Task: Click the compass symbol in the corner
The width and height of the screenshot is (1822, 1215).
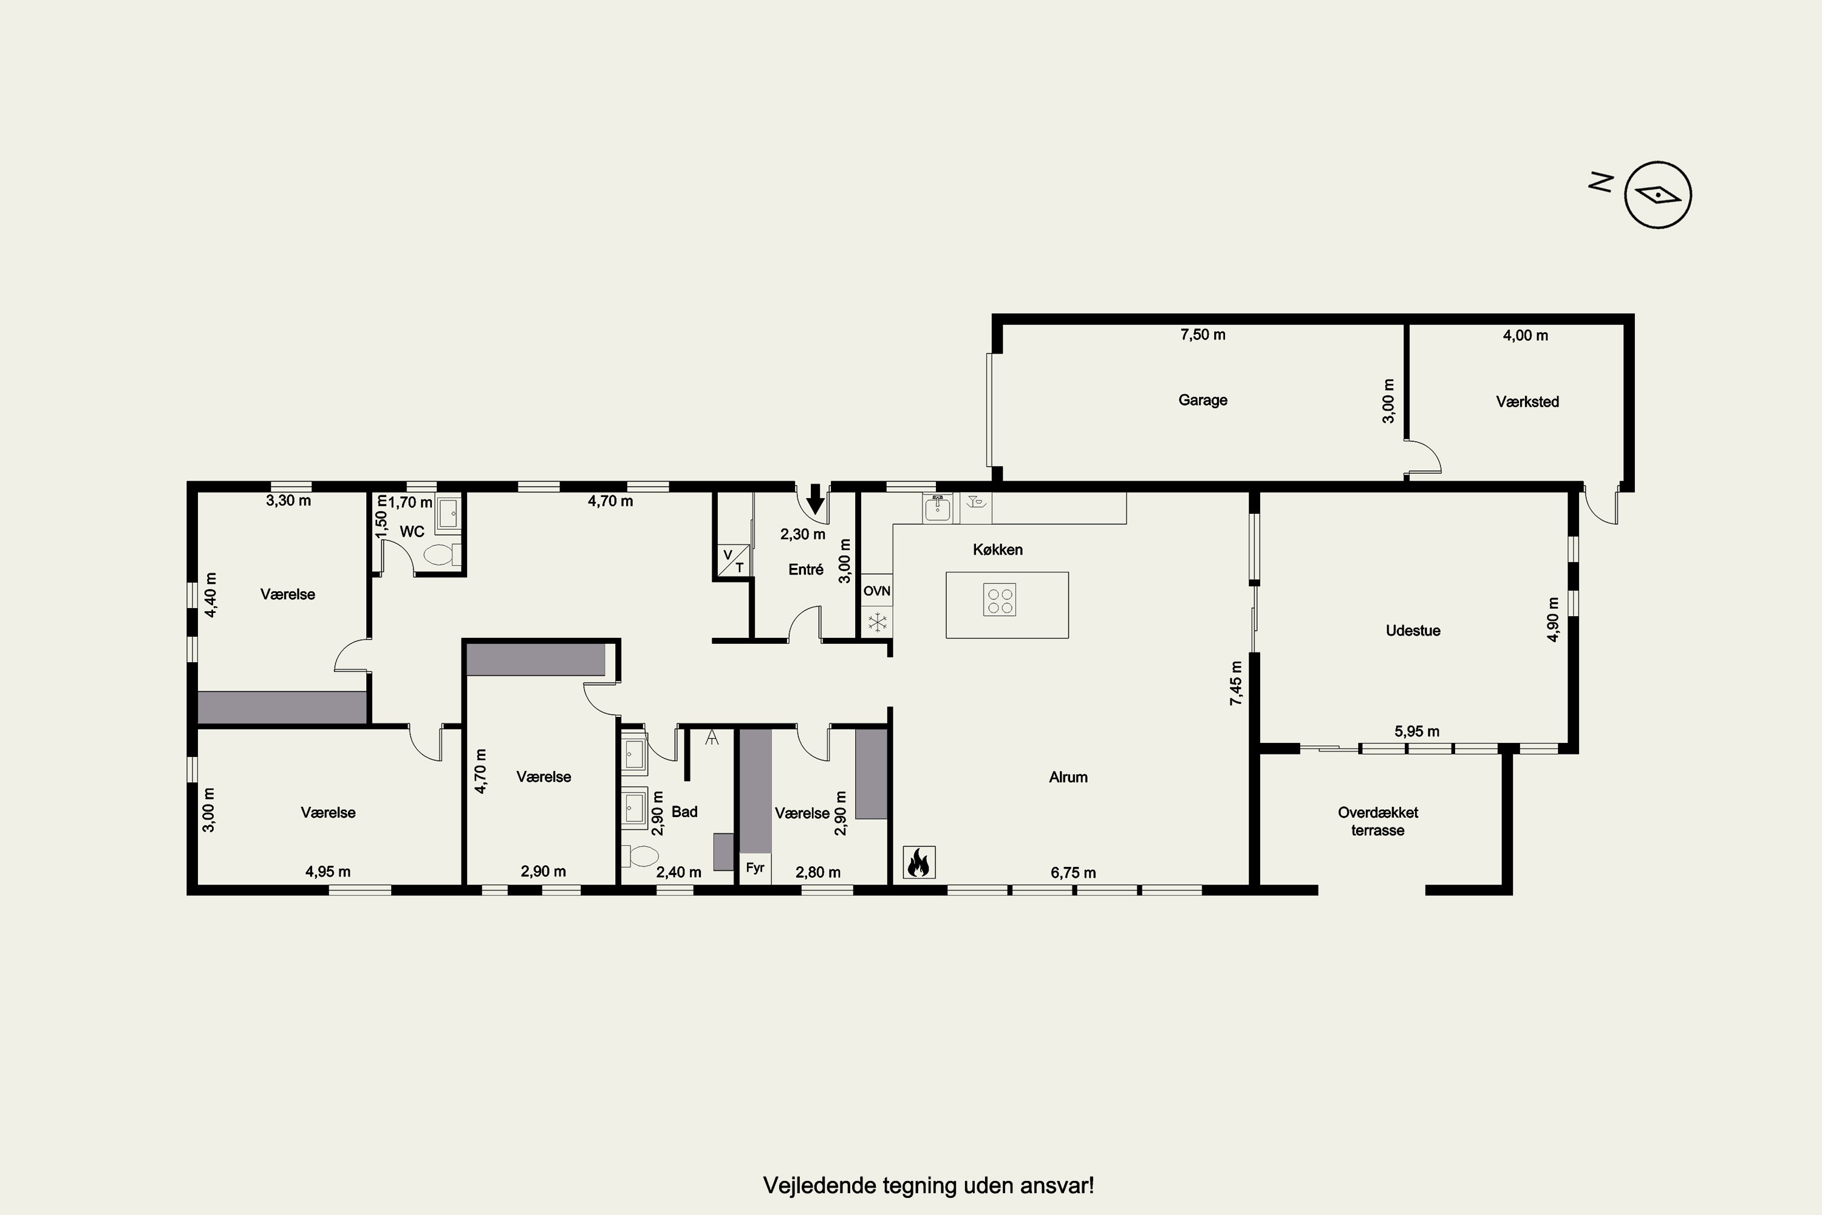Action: (x=1658, y=194)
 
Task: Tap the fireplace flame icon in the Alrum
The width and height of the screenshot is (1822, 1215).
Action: (x=919, y=861)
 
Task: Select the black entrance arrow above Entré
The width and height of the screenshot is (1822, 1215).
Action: (x=815, y=499)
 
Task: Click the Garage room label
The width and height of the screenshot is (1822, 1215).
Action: (x=1203, y=400)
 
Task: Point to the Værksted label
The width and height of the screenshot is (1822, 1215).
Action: (x=1527, y=402)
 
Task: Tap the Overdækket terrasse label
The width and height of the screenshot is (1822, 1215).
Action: (x=1377, y=821)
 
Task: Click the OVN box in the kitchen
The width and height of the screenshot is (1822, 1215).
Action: (x=876, y=590)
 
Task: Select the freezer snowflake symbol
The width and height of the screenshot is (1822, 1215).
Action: (x=877, y=622)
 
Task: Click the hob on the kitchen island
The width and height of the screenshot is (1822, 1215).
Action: (x=999, y=600)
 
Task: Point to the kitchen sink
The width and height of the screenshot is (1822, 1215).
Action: (x=937, y=507)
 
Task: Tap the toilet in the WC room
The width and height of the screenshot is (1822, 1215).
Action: (x=442, y=554)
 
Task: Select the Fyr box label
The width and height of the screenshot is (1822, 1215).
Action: (x=754, y=868)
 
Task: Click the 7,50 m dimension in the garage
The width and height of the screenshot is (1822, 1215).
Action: (x=1203, y=335)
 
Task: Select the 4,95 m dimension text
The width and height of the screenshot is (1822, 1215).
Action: (x=328, y=871)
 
